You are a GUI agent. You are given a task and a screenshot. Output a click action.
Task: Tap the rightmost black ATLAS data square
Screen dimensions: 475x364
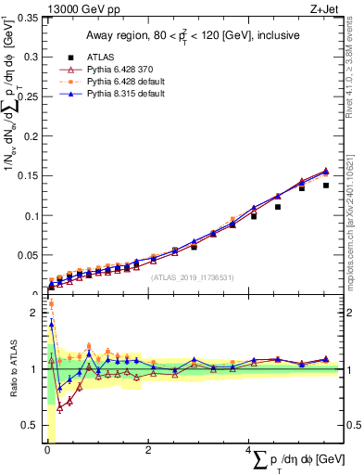[x=326, y=186]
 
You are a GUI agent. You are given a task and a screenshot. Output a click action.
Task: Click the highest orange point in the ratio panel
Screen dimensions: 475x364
[x=51, y=303]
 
